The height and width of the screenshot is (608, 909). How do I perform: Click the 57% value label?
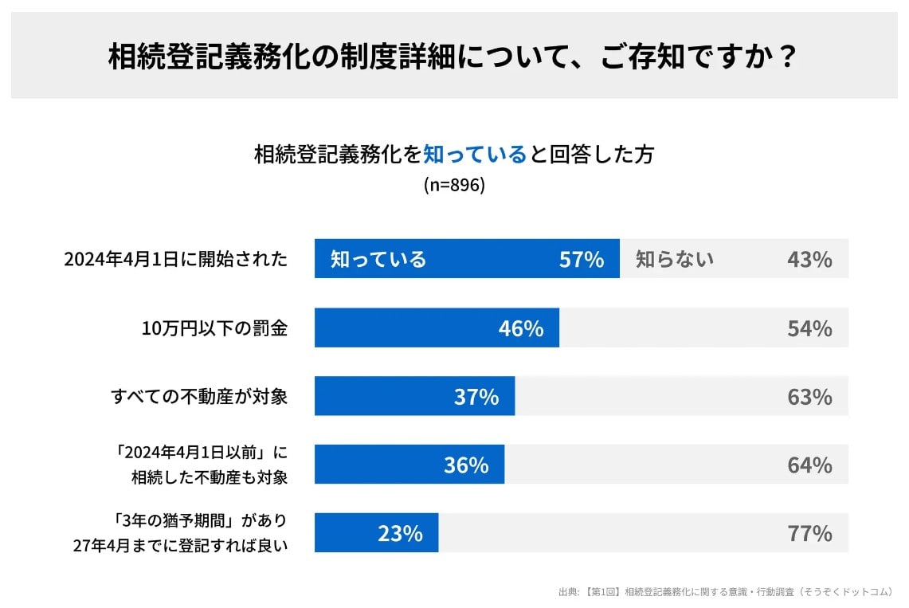pyautogui.click(x=582, y=259)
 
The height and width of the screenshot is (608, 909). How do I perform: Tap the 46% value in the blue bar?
pyautogui.click(x=521, y=328)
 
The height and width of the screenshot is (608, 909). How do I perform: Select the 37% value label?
pyautogui.click(x=476, y=397)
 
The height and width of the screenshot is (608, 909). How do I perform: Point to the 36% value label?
pyautogui.click(x=466, y=465)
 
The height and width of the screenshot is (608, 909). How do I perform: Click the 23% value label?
pyautogui.click(x=400, y=533)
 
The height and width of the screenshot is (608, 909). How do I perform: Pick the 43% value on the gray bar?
pyautogui.click(x=809, y=259)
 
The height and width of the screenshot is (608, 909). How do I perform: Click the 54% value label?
pyautogui.click(x=809, y=328)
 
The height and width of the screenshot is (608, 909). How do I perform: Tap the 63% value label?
pyautogui.click(x=809, y=397)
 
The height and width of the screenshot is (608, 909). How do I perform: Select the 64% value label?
pyautogui.click(x=809, y=465)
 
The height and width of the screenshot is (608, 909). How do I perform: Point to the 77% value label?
pyautogui.click(x=809, y=533)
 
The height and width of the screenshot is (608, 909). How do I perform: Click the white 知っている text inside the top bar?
pyautogui.click(x=378, y=259)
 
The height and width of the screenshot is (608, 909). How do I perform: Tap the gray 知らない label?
pyautogui.click(x=675, y=259)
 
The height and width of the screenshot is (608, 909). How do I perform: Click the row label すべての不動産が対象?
pyautogui.click(x=199, y=397)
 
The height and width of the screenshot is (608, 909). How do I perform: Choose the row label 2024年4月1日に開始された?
pyautogui.click(x=175, y=259)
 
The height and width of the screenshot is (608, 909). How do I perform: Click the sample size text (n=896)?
pyautogui.click(x=454, y=185)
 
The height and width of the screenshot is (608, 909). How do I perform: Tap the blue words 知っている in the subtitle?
pyautogui.click(x=475, y=154)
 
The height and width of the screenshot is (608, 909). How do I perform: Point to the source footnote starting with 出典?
pyautogui.click(x=726, y=592)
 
